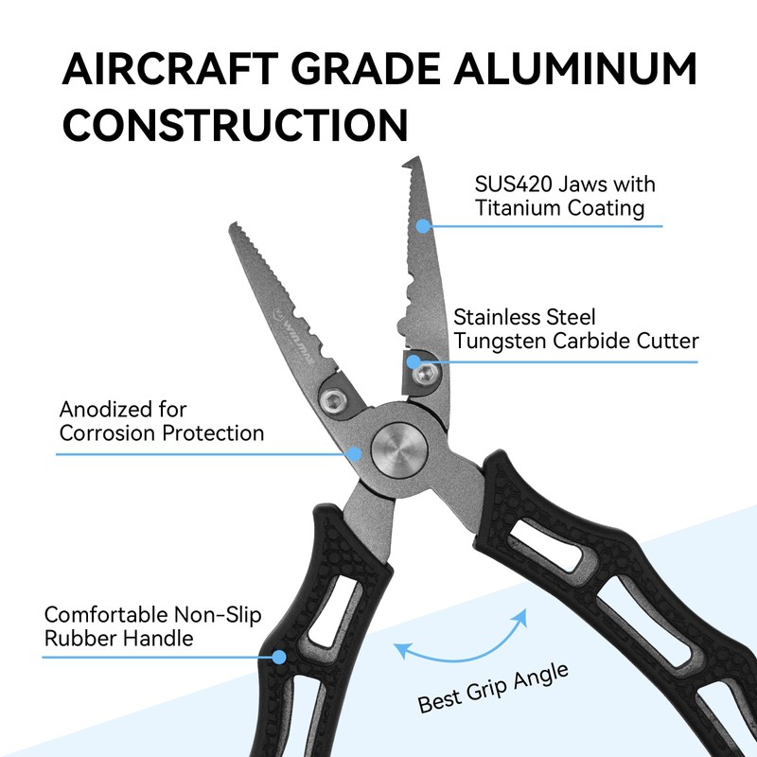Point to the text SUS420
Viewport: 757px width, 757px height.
coord(508,184)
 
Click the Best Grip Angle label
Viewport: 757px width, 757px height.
coord(494,688)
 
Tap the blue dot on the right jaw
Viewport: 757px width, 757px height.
coord(424,225)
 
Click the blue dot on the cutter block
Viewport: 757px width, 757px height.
coord(414,361)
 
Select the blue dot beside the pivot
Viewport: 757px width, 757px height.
coord(355,453)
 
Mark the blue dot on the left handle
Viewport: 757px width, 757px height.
coord(280,656)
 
